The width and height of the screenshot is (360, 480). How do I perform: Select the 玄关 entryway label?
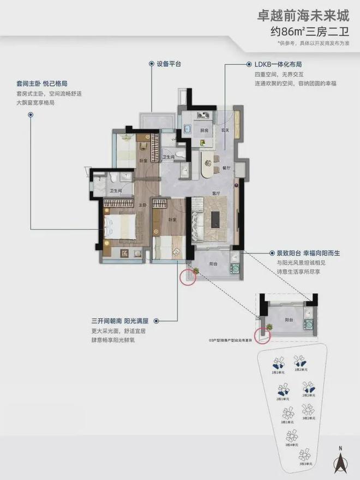(x=224, y=130)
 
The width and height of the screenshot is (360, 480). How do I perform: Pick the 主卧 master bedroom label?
(x=143, y=205)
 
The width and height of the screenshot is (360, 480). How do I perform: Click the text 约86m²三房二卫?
(x=314, y=32)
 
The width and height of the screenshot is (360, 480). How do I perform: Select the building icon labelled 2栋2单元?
(x=308, y=388)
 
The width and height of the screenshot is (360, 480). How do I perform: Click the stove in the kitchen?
(x=205, y=115)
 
